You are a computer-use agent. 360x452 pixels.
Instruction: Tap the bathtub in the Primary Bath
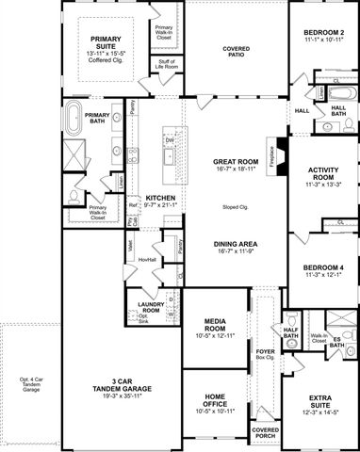pos(76,121)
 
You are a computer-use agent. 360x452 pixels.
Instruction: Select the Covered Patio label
pos(236,49)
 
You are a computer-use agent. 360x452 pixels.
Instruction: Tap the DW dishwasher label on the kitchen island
pos(170,139)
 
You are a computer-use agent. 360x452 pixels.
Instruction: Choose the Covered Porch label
pos(265,432)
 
